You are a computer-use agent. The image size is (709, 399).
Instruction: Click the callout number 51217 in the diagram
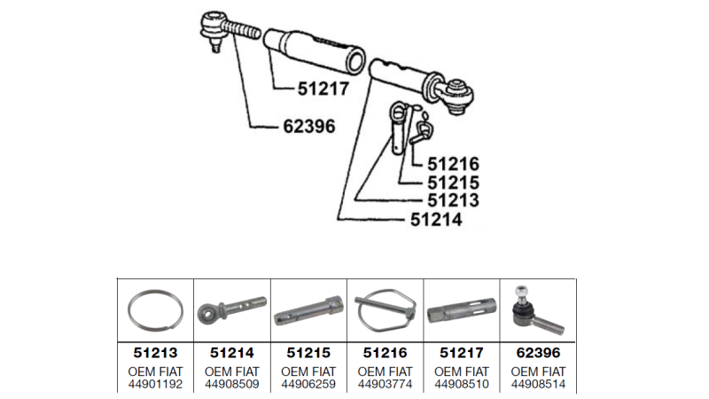tap(323, 89)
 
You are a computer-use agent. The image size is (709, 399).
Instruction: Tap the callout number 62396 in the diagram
tap(309, 126)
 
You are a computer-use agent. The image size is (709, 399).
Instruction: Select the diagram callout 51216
tap(453, 164)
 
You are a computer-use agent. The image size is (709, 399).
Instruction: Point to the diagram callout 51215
tap(453, 183)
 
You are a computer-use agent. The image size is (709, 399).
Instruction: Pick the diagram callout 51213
tap(453, 200)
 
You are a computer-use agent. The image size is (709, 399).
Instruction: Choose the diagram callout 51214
tap(436, 219)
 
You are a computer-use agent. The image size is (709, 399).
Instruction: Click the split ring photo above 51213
tap(156, 311)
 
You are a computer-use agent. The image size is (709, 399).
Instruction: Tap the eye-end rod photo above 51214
tap(232, 309)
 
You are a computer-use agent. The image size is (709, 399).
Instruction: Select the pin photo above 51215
tap(308, 310)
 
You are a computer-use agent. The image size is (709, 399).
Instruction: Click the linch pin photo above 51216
tap(386, 311)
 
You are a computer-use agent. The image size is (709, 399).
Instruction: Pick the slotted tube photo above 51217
tap(462, 310)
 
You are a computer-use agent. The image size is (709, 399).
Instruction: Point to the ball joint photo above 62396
tap(538, 310)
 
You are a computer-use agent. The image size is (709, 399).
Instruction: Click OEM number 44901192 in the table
tap(156, 384)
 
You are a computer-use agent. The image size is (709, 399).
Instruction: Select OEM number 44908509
tap(232, 384)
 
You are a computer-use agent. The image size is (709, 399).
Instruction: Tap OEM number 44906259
tap(308, 384)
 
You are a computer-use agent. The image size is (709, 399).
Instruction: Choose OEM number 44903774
tap(386, 384)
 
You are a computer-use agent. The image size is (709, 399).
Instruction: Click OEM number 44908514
tap(538, 384)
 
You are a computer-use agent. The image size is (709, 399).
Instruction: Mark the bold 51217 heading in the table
tap(462, 352)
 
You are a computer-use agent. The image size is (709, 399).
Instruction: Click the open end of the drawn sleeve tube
tap(355, 61)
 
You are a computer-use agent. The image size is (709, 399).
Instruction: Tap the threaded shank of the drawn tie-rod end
tap(242, 29)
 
